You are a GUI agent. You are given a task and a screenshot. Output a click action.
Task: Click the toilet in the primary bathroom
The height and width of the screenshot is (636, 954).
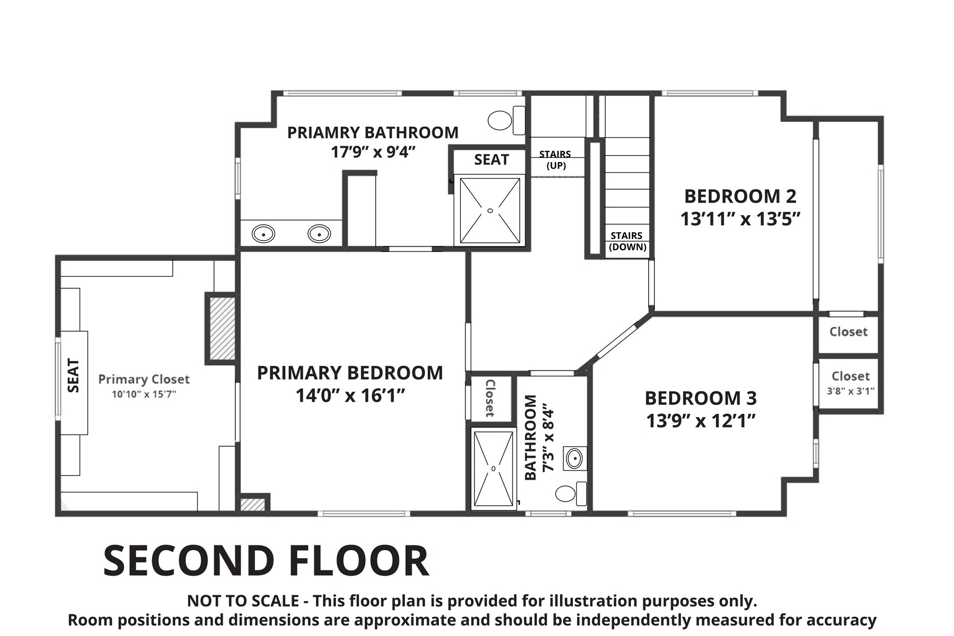(506, 120)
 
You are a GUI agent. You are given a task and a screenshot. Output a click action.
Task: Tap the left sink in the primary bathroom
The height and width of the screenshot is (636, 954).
(263, 234)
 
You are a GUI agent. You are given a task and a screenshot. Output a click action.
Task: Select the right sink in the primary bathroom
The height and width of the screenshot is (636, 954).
(320, 234)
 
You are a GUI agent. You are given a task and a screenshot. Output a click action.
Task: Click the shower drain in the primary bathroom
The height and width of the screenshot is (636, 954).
(490, 211)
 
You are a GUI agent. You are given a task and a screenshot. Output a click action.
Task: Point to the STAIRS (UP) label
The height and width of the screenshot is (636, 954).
(555, 160)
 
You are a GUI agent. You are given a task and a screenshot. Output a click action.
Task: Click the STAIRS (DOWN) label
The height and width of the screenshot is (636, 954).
(627, 241)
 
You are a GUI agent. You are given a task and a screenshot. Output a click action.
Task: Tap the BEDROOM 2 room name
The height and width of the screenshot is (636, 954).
(740, 196)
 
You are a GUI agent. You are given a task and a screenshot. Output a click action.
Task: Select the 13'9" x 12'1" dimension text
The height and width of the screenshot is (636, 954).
(700, 421)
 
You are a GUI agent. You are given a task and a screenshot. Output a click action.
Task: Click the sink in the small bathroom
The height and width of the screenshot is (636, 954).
(575, 458)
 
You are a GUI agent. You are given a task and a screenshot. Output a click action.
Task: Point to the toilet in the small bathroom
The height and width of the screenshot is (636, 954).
(571, 493)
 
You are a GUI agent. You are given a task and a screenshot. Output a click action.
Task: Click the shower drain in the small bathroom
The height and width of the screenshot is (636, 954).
(493, 469)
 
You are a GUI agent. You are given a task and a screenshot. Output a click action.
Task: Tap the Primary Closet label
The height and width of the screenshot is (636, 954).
(144, 379)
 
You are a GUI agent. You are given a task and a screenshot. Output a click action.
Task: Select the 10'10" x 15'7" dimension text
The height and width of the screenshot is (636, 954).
(144, 394)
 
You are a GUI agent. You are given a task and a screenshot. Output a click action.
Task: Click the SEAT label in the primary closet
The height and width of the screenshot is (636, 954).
(74, 375)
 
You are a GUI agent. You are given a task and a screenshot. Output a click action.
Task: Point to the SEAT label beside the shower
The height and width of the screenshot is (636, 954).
(491, 160)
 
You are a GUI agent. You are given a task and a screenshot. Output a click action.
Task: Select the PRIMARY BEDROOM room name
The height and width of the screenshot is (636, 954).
(350, 373)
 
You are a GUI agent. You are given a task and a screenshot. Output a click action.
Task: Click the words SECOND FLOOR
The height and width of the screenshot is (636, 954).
(266, 561)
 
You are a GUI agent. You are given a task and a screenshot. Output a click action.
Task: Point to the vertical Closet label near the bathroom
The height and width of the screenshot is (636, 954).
(490, 398)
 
